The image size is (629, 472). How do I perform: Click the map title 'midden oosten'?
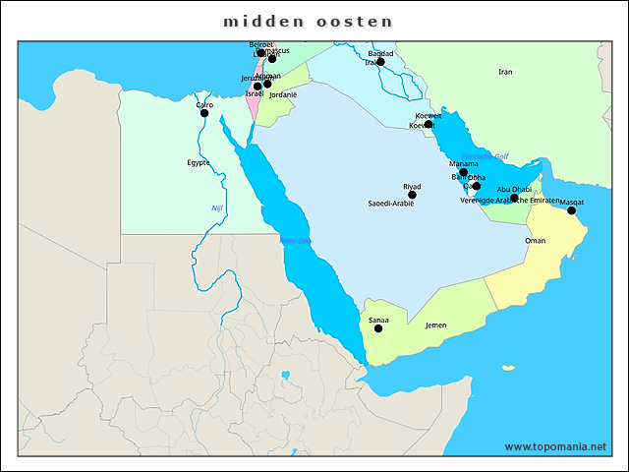(308, 21)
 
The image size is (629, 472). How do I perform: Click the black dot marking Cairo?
(204, 113)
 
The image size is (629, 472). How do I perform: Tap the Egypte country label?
(199, 163)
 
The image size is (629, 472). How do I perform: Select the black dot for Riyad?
(412, 195)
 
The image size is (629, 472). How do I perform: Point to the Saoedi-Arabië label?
(390, 204)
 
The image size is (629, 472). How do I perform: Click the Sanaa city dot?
(378, 328)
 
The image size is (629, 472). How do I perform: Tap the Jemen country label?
(435, 325)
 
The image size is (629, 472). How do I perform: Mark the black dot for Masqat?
(571, 210)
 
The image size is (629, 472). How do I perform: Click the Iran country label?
(505, 72)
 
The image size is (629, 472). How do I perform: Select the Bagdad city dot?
(380, 62)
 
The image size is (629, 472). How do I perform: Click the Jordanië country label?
(283, 95)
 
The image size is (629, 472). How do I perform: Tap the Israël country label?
(255, 94)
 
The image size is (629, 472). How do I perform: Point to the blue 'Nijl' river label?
(217, 208)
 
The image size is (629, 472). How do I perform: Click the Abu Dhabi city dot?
(514, 198)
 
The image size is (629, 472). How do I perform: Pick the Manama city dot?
(464, 172)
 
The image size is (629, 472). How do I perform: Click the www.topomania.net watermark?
(554, 446)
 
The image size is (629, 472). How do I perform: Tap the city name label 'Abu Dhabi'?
(514, 189)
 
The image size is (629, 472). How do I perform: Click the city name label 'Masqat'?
(571, 202)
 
